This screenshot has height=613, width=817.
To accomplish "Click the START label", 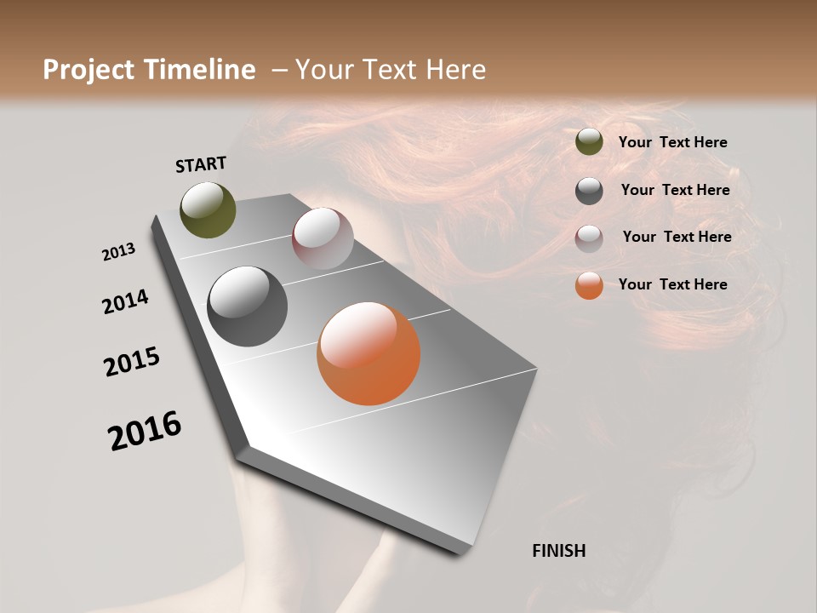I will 201,164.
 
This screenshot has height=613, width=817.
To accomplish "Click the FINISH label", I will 558,551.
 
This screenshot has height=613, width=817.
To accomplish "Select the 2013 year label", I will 118,252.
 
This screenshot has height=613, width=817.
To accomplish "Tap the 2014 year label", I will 125,301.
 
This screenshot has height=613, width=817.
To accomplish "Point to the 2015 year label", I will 132,362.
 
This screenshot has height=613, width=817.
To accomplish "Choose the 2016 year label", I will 145,431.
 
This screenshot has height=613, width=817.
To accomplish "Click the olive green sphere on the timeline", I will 208,209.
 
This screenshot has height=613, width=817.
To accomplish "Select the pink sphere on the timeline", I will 323,238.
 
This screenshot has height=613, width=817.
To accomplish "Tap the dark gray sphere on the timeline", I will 247,306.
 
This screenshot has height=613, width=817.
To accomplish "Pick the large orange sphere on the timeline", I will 369,353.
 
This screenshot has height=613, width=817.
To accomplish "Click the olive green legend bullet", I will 589,142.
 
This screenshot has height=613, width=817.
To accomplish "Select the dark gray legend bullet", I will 589,191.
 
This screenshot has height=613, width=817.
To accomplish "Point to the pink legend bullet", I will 589,238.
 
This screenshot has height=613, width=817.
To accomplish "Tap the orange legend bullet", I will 589,285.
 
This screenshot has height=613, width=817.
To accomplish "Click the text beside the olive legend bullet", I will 672,143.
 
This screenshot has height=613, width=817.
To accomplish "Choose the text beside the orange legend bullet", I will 672,284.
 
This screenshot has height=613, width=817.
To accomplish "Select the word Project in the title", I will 89,70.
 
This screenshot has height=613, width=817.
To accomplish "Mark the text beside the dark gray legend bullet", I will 675,190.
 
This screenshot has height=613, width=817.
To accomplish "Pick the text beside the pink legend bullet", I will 677,237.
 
